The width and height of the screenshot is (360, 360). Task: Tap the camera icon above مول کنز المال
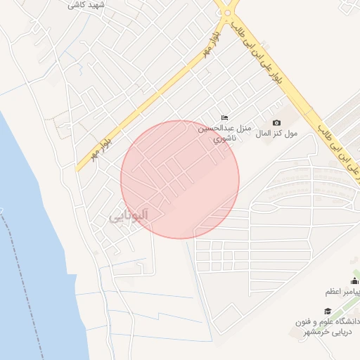[x=276, y=122]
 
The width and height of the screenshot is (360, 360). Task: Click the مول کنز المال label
[x=277, y=133]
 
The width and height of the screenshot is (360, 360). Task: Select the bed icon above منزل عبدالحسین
[x=225, y=117]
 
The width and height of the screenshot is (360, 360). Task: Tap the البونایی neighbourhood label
[x=129, y=217]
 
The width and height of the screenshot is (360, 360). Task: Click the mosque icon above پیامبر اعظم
[x=354, y=281]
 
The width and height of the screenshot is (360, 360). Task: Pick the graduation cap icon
[x=327, y=310]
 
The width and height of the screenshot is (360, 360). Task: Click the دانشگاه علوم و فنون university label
[x=328, y=321]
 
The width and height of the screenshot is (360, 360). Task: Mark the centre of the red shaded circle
[x=180, y=179]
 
